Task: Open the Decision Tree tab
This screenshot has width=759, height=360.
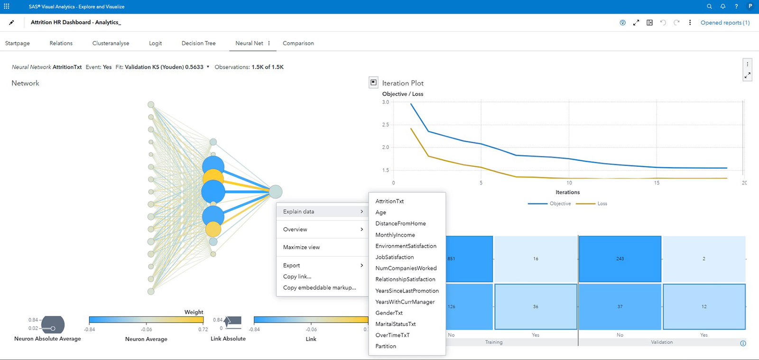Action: pyautogui.click(x=198, y=43)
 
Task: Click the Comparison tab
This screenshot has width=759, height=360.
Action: pyautogui.click(x=298, y=43)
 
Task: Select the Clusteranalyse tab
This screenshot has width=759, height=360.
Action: pyautogui.click(x=111, y=43)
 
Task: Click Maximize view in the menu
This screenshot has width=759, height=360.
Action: pyautogui.click(x=302, y=247)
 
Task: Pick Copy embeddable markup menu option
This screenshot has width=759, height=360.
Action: pyautogui.click(x=319, y=287)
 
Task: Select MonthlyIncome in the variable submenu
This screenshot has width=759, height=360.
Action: pyautogui.click(x=395, y=235)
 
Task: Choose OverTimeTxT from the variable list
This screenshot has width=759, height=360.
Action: pyautogui.click(x=392, y=335)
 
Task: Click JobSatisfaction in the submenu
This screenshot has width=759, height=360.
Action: pyautogui.click(x=395, y=257)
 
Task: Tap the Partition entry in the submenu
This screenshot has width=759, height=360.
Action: pyautogui.click(x=386, y=346)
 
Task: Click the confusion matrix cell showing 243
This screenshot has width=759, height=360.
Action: pyautogui.click(x=620, y=259)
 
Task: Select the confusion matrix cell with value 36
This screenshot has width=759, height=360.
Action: pyautogui.click(x=536, y=307)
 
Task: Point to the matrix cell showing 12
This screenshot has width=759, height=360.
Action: pyautogui.click(x=704, y=307)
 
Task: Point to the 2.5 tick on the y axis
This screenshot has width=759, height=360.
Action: pyautogui.click(x=386, y=125)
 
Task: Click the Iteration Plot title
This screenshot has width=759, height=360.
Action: pyautogui.click(x=403, y=83)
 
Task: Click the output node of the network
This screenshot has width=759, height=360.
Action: pyautogui.click(x=276, y=192)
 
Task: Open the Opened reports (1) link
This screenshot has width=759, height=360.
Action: pyautogui.click(x=725, y=23)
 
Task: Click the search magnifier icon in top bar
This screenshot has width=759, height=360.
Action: pyautogui.click(x=709, y=7)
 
